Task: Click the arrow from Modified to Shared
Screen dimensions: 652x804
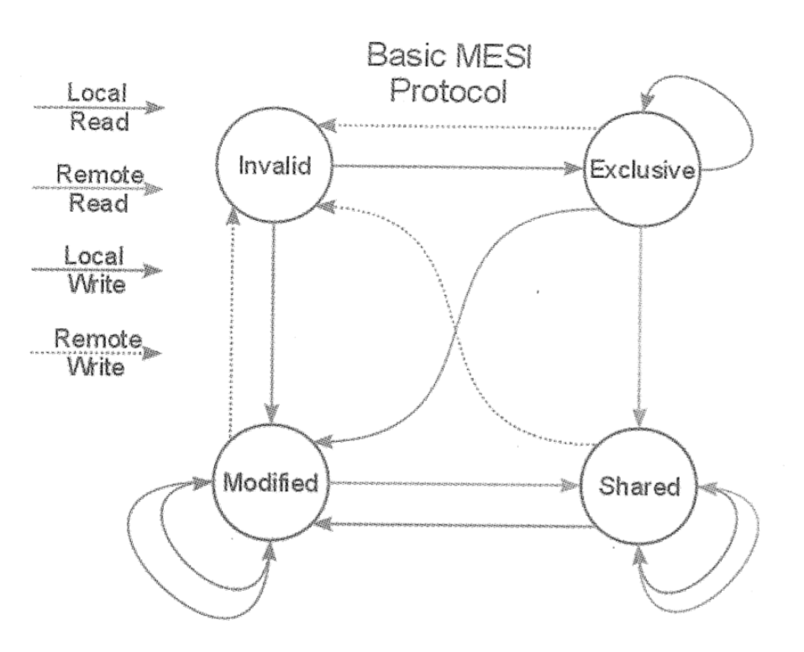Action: pos(454,485)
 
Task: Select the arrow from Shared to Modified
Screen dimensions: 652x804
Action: pos(454,526)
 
